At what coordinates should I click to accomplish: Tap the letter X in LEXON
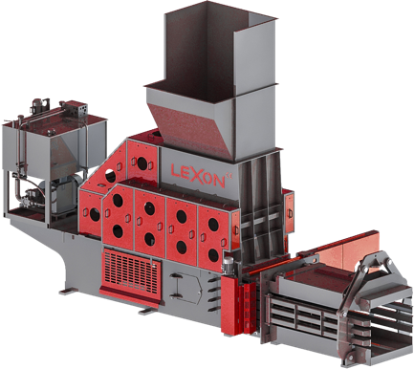(x=197, y=175)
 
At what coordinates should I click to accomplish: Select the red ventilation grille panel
(x=132, y=271)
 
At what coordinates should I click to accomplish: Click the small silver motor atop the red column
(x=229, y=265)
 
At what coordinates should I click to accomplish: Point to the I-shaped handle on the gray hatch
(x=175, y=286)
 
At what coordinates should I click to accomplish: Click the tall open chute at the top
(x=220, y=48)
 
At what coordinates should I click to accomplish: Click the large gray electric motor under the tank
(x=66, y=193)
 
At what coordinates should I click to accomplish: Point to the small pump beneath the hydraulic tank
(x=32, y=196)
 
